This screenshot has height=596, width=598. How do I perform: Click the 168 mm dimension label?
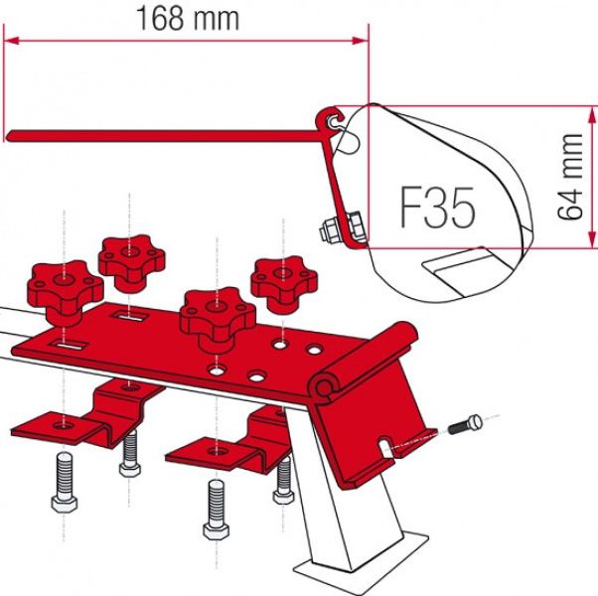(188, 19)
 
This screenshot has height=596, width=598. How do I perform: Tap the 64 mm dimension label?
(570, 177)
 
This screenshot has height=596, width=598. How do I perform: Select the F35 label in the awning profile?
(438, 207)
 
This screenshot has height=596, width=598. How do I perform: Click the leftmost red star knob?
(65, 287)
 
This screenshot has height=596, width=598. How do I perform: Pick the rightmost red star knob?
(284, 281)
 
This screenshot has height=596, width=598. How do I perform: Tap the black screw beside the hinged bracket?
(465, 425)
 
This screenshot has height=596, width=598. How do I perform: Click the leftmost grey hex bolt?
(65, 482)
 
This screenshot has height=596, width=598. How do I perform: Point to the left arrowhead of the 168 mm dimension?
(12, 41)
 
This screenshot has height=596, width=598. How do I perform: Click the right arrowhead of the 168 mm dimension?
(361, 41)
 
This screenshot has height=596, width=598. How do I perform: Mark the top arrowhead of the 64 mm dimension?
(592, 114)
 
